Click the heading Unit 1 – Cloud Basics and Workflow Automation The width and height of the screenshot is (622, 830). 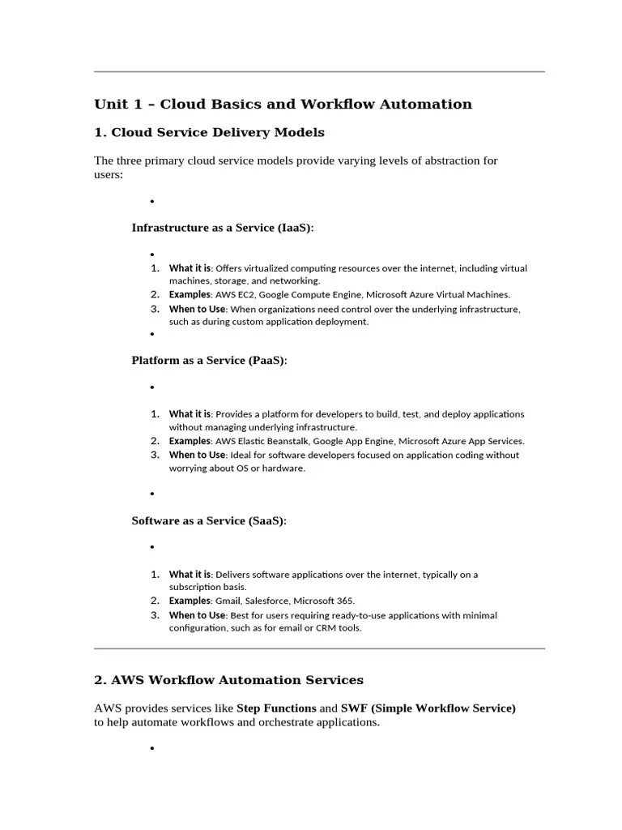click(283, 104)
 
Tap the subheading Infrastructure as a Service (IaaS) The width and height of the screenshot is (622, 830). click(222, 228)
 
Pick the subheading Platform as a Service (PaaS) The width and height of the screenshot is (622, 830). click(209, 360)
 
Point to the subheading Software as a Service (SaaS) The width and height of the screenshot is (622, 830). click(209, 520)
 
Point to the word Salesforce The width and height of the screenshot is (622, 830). click(266, 601)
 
